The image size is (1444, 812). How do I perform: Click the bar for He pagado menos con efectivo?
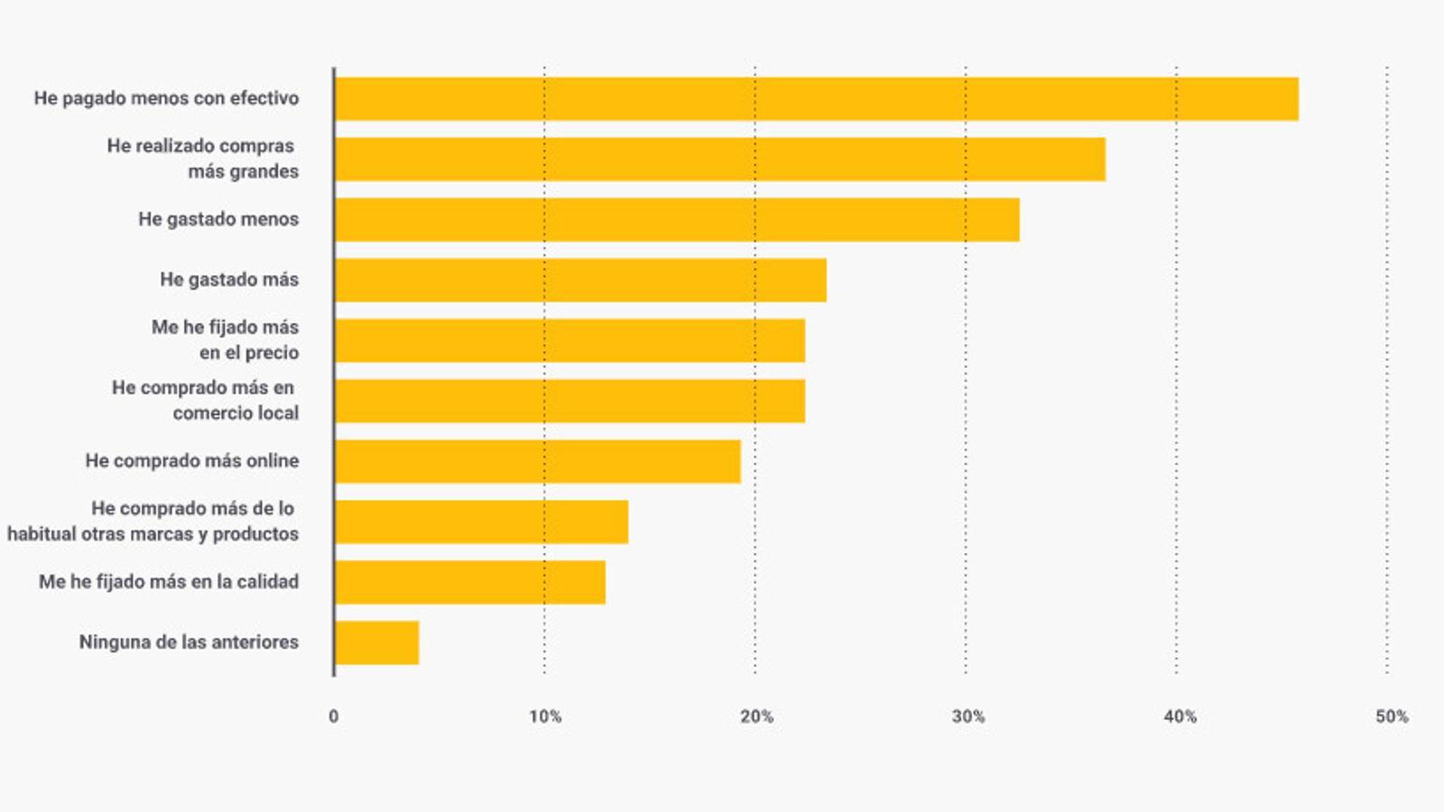817,99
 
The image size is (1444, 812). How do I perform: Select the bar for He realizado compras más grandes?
720,160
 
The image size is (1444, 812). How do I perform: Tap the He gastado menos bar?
677,220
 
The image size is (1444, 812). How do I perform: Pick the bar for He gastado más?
580,281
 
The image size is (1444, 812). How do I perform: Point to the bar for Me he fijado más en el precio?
569,341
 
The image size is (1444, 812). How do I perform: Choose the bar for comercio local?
569,401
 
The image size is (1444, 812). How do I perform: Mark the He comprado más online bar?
538,462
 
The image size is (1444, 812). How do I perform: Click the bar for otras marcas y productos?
481,522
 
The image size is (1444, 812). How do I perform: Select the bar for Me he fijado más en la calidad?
470,583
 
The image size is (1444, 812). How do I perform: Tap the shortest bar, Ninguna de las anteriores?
376,643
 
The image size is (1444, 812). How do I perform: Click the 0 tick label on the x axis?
334,716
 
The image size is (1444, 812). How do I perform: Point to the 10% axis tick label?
545,716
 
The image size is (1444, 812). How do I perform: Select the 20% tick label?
756,716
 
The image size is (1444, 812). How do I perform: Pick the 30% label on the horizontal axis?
967,716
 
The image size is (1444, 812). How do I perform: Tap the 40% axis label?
1180,716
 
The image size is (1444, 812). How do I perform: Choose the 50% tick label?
1392,716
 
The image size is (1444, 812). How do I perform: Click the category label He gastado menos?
218,219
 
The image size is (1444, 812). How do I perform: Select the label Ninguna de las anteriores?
189,642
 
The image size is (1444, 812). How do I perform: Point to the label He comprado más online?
192,461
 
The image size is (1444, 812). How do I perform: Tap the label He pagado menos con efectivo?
166,98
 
